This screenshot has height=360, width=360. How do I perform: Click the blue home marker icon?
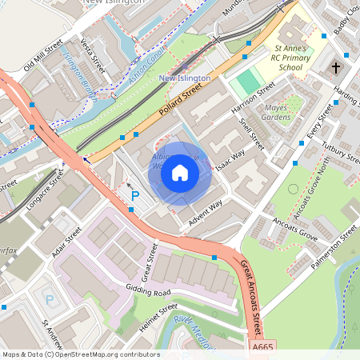[x=180, y=173]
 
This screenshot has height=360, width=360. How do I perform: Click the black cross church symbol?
[x=336, y=68]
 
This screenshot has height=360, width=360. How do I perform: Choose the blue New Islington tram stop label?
[x=185, y=78]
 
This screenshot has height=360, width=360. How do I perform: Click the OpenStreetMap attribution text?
[x=80, y=354]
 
